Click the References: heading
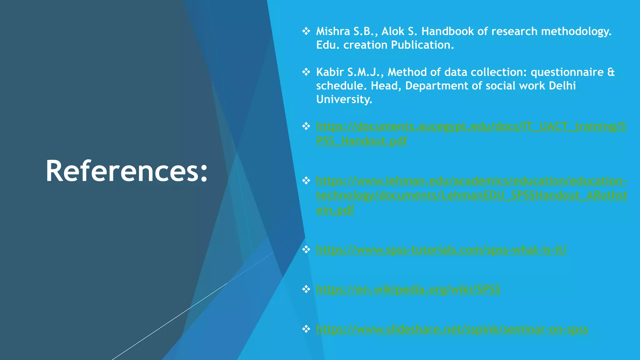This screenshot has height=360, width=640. tap(127, 171)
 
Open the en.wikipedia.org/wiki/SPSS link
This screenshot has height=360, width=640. tap(408, 289)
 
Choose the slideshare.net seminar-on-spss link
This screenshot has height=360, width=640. tap(452, 329)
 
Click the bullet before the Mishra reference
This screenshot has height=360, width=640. tap(306, 31)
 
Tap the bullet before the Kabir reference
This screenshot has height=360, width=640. tap(306, 72)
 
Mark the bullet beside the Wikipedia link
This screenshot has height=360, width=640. tap(306, 289)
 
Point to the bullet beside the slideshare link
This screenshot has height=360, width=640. tap(306, 329)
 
